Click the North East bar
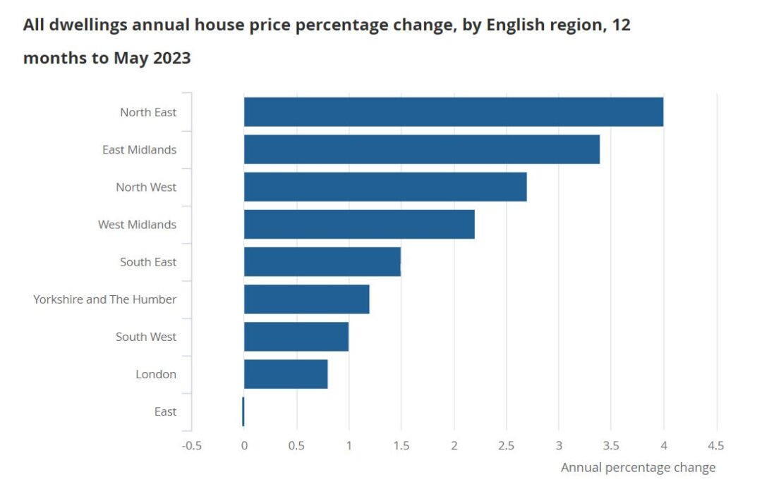[453, 112]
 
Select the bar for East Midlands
[421, 149]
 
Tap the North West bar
[385, 187]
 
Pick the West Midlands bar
[359, 224]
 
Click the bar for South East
[322, 261]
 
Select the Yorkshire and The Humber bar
[306, 299]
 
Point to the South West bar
[296, 336]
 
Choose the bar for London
[286, 373]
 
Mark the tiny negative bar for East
[243, 411]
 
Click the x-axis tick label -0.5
[191, 446]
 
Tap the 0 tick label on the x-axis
[244, 446]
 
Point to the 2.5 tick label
[506, 446]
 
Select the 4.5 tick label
[715, 446]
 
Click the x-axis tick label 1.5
[401, 446]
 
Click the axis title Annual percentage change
[638, 468]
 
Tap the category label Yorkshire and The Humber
[104, 299]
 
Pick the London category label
[156, 374]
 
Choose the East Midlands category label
[139, 149]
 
